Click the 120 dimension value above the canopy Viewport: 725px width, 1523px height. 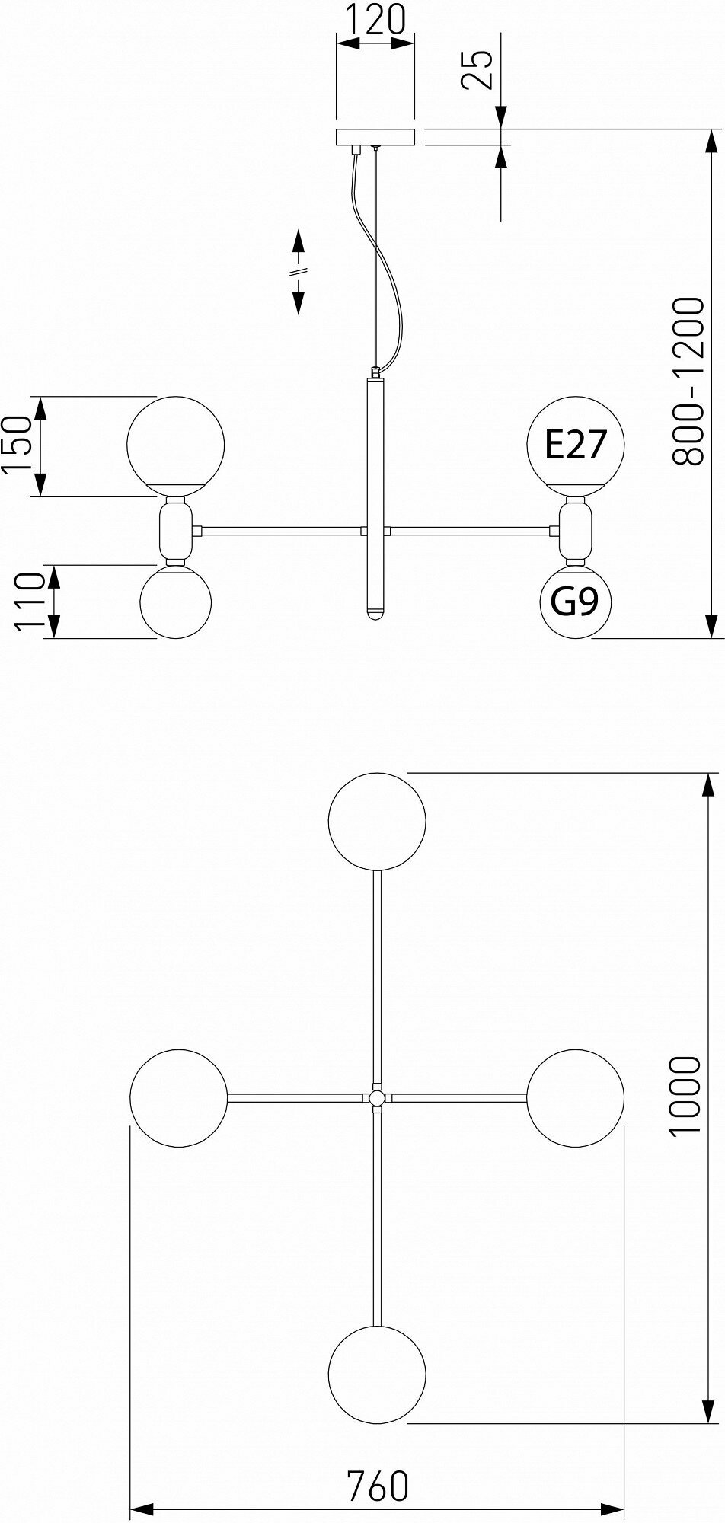(x=375, y=21)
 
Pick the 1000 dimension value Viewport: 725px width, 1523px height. (x=685, y=1097)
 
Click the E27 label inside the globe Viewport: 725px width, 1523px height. (x=576, y=445)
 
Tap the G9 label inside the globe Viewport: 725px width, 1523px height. (x=576, y=602)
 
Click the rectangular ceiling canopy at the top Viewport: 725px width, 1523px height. (x=375, y=138)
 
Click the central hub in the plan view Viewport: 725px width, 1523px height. (x=376, y=1098)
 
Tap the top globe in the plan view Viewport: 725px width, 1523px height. (x=376, y=821)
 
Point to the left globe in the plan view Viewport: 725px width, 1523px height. (x=179, y=1097)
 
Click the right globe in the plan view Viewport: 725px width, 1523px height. (x=575, y=1097)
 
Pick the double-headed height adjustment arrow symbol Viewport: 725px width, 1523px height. (x=299, y=272)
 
